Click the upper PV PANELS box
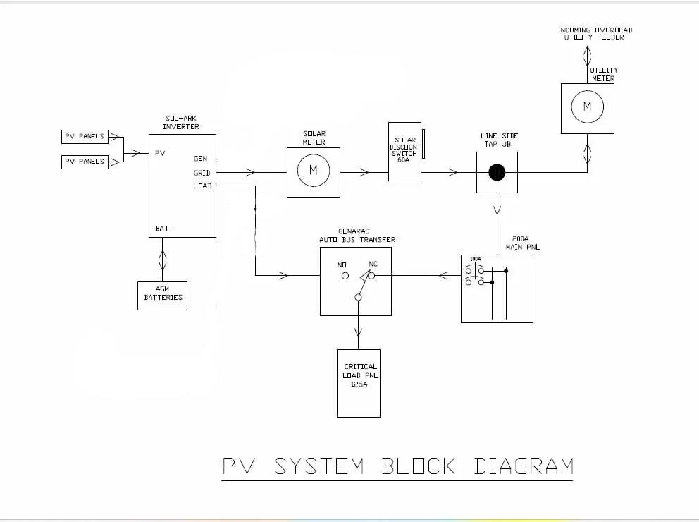coord(84,136)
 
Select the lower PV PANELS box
coord(84,162)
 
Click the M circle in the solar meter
coord(314,171)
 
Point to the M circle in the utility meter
coord(588,107)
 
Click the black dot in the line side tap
coord(497,172)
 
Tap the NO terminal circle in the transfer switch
coord(345,277)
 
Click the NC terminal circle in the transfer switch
coord(370,277)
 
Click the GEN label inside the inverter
coord(201,159)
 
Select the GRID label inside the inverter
coord(202,173)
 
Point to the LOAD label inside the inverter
coord(202,186)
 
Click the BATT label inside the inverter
coord(164,229)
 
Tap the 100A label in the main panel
coord(476,260)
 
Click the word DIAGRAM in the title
coord(523,466)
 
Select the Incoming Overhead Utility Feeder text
coord(595,33)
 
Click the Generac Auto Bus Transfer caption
coord(357,236)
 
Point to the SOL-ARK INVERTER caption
coord(181,123)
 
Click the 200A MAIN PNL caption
coord(521,243)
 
